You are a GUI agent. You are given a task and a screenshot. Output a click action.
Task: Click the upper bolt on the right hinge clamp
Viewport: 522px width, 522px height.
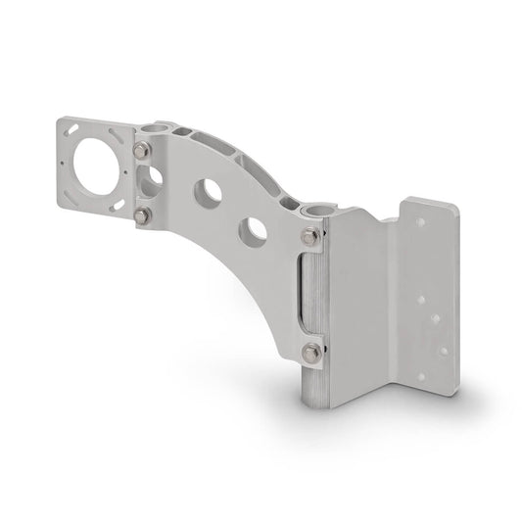[x=311, y=235]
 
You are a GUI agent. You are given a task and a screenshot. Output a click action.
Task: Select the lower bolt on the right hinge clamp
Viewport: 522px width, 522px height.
[x=311, y=351]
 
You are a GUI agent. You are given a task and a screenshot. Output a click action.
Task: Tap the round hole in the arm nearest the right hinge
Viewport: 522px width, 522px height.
[x=256, y=230]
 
